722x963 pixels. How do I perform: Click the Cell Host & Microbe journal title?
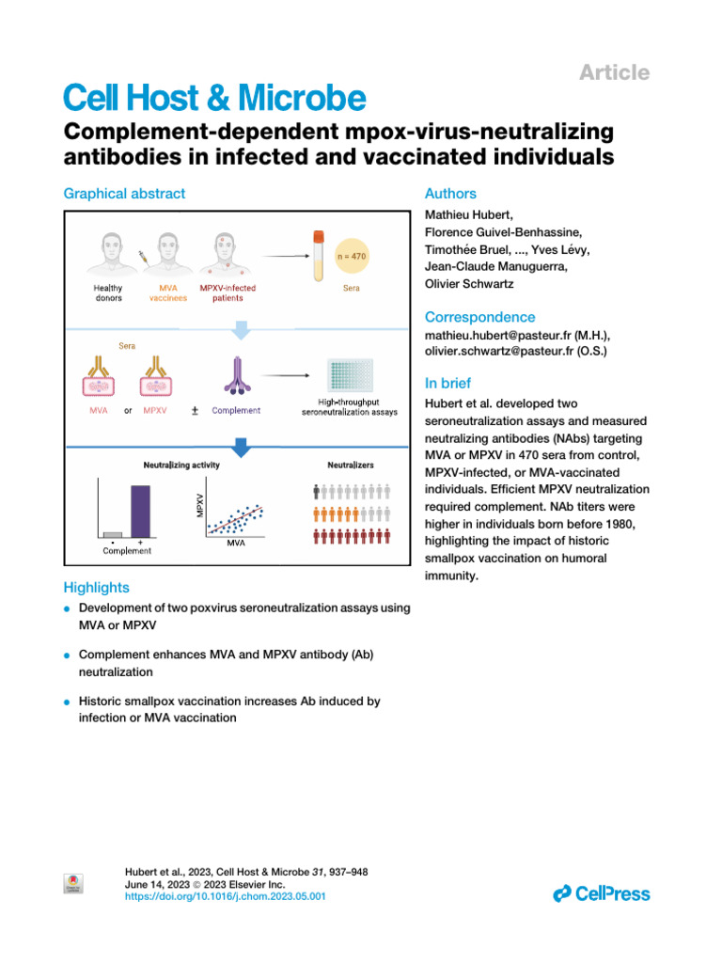coord(213,97)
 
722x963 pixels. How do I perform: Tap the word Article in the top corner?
coord(614,72)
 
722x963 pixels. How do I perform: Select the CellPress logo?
coord(602,892)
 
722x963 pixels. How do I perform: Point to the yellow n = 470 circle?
coord(353,255)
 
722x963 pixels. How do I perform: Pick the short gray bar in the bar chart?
coord(113,534)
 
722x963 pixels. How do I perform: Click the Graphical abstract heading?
coord(124,194)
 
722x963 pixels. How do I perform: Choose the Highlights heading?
coord(96,588)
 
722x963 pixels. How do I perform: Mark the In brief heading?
coord(448,383)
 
